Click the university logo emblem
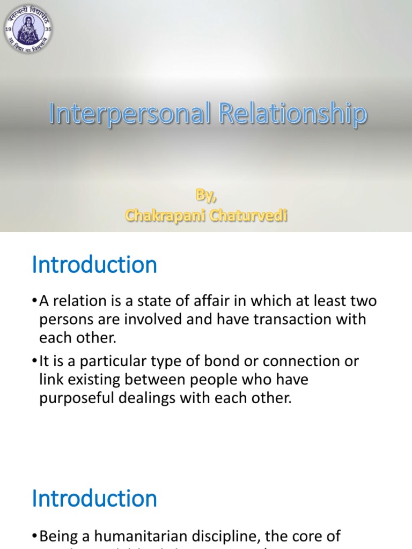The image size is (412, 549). coord(28,28)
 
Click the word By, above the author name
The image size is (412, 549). coord(206,196)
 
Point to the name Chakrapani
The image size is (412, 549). coord(164,215)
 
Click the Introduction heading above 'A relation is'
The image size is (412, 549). coord(94,265)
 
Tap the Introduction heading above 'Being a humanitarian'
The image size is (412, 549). coord(94,498)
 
